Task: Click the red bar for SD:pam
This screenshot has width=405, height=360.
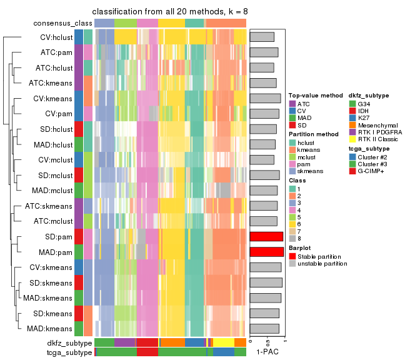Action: coord(266,236)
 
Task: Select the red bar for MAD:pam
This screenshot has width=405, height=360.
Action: coord(267,252)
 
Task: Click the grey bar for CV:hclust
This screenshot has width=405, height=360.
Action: coord(262,37)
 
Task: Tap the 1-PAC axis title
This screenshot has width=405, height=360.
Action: coord(267,352)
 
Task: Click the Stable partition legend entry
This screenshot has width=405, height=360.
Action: coord(319,256)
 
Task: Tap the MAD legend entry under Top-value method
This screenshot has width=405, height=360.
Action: coord(304,117)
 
